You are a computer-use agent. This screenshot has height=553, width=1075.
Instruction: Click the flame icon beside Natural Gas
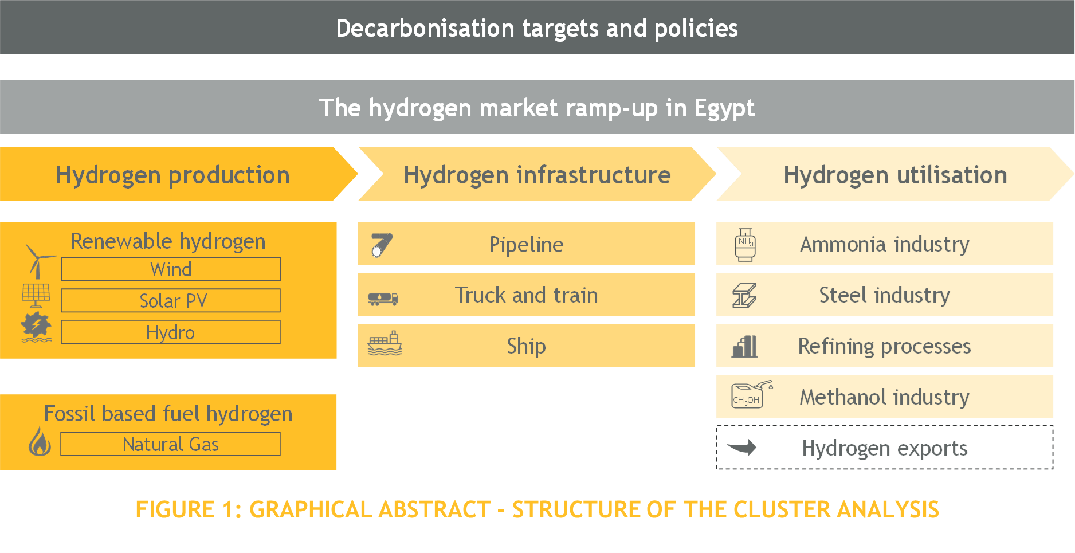pyautogui.click(x=40, y=441)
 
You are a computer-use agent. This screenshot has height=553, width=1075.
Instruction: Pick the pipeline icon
pyautogui.click(x=382, y=245)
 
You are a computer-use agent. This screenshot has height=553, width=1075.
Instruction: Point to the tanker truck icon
pyautogui.click(x=383, y=299)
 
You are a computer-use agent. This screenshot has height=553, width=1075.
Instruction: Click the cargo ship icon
pyautogui.click(x=385, y=343)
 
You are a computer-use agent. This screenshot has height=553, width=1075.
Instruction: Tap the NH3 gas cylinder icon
pyautogui.click(x=745, y=245)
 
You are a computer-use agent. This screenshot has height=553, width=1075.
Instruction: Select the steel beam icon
pyautogui.click(x=744, y=296)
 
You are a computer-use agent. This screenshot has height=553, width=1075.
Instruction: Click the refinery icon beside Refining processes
pyautogui.click(x=744, y=347)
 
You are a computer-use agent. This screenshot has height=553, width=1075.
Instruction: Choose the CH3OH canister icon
pyautogui.click(x=751, y=394)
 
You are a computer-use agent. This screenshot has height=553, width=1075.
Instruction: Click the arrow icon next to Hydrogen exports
pyautogui.click(x=741, y=447)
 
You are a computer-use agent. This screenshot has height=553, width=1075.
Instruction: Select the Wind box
pyautogui.click(x=171, y=269)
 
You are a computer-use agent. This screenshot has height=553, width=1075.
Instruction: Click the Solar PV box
pyautogui.click(x=171, y=300)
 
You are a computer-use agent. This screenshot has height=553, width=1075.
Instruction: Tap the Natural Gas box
pyautogui.click(x=170, y=444)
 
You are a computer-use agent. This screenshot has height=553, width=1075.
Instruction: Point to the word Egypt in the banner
pyautogui.click(x=724, y=108)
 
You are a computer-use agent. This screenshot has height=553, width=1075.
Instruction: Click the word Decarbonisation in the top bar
pyautogui.click(x=425, y=28)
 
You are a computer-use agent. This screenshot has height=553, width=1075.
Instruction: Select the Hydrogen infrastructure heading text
pyautogui.click(x=537, y=175)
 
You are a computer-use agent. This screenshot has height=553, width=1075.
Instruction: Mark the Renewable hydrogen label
pyautogui.click(x=168, y=241)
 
